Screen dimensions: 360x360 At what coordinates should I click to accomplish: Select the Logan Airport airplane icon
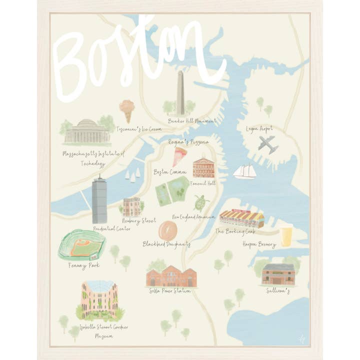(268, 144)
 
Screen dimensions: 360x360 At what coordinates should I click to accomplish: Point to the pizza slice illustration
(179, 156)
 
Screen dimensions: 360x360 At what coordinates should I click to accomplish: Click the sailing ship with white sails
(244, 171)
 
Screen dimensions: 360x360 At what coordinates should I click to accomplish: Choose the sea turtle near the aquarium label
(201, 202)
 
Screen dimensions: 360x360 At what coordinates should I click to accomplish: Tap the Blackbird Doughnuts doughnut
(167, 231)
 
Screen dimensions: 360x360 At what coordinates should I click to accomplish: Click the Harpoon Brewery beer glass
(285, 236)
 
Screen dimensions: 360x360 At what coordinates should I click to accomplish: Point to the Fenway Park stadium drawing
(82, 245)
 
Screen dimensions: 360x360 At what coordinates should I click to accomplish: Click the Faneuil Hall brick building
(203, 167)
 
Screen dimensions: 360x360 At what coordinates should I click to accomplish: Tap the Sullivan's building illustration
(278, 274)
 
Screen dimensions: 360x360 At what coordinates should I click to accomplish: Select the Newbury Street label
(139, 220)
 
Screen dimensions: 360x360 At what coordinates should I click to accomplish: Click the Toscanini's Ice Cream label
(139, 129)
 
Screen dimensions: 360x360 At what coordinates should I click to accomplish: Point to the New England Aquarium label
(193, 217)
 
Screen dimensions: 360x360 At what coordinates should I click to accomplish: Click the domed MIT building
(87, 131)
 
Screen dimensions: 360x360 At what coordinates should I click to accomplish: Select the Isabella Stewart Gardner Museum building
(99, 300)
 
